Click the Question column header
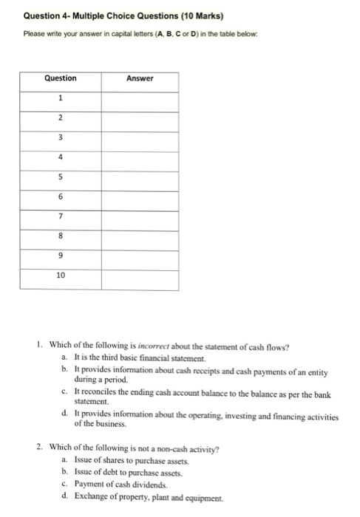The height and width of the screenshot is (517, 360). click(x=61, y=78)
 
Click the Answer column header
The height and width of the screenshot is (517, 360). click(x=139, y=78)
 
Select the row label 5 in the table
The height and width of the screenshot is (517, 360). click(x=61, y=176)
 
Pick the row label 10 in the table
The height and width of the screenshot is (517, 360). click(x=61, y=275)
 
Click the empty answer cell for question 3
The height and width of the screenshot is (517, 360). click(x=139, y=137)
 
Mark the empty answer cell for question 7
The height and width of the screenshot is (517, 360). click(x=139, y=216)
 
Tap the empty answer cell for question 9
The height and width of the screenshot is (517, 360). click(x=139, y=255)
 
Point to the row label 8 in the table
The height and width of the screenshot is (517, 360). click(x=61, y=236)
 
